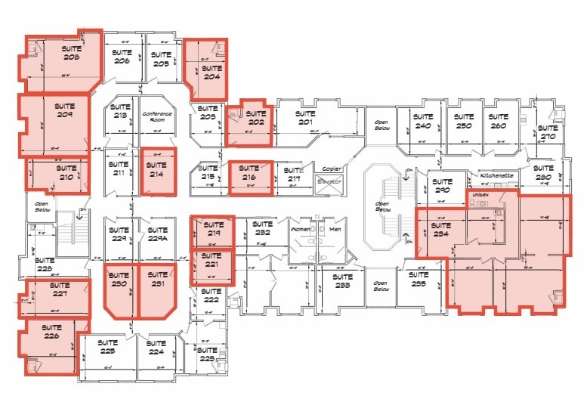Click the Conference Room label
tap(157, 116)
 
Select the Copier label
tap(332, 169)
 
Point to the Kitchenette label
tap(497, 175)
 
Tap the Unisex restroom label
tap(480, 194)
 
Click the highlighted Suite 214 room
tap(157, 172)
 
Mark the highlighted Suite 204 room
tap(205, 70)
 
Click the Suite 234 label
tap(440, 230)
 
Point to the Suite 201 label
tap(305, 118)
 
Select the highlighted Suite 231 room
tap(157, 289)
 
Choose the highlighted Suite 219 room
tap(212, 229)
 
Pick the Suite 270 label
tap(547, 133)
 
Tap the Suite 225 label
tap(108, 348)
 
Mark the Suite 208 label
tap(72, 54)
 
